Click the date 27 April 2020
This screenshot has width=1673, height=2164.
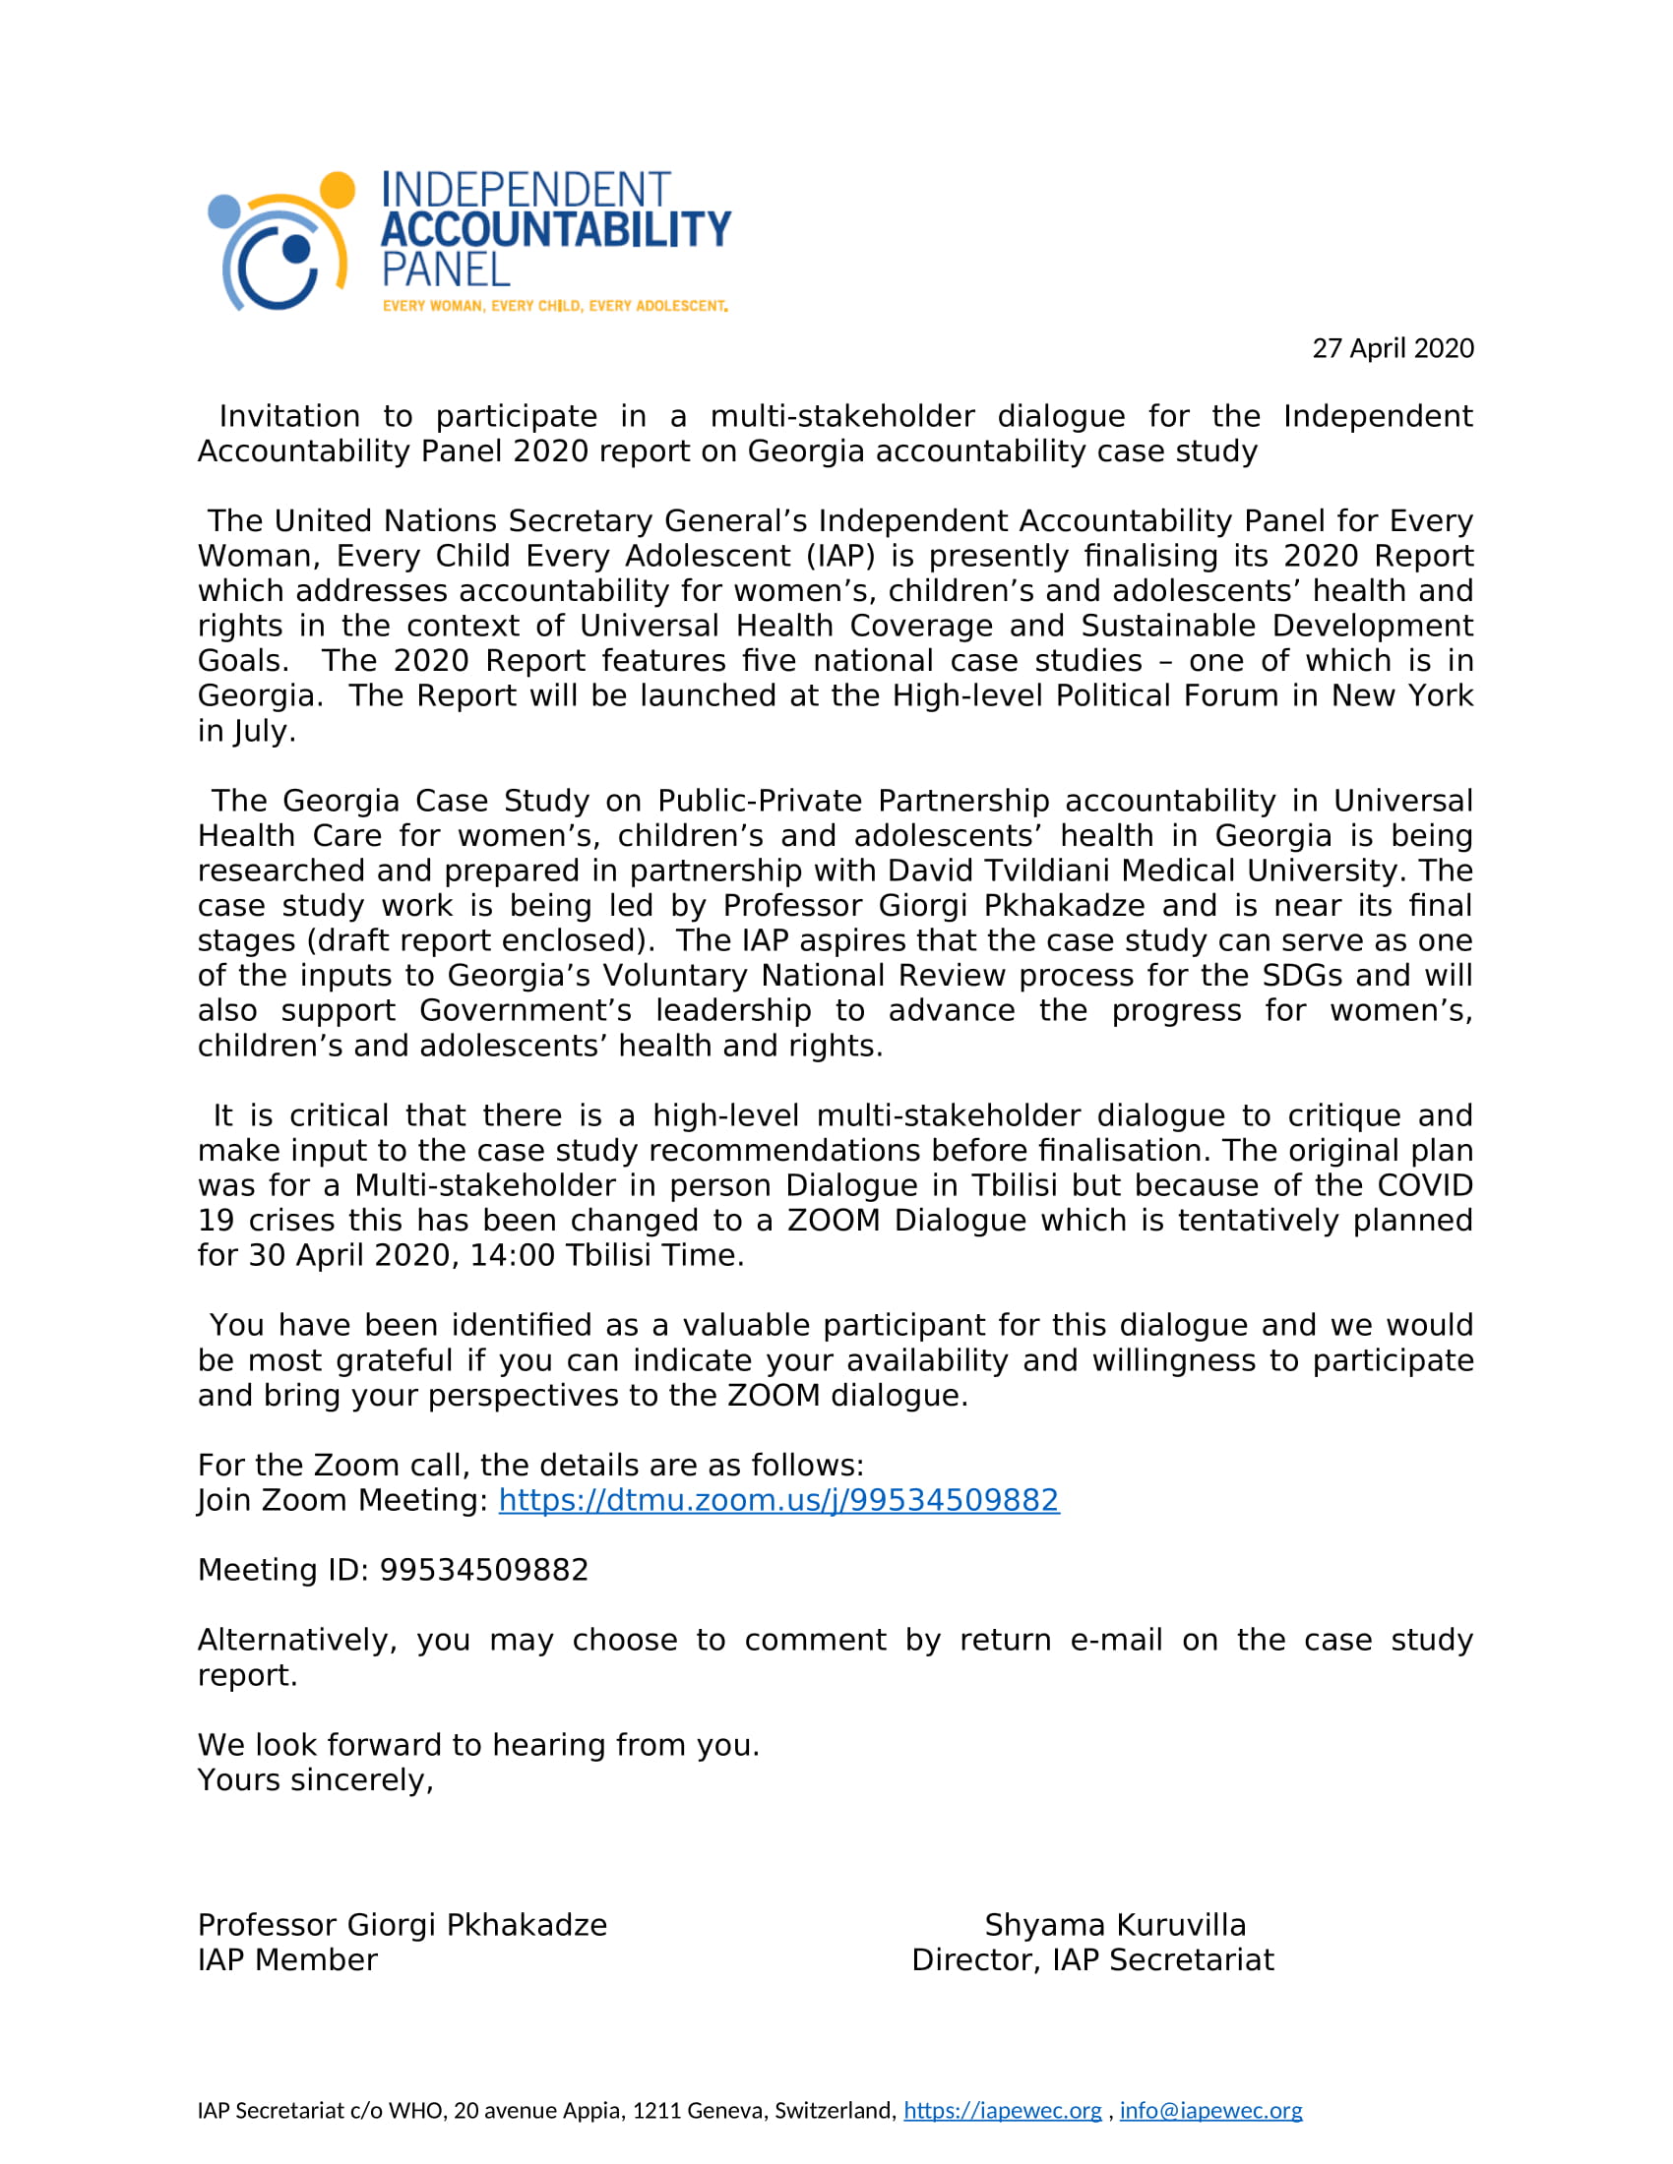1393,349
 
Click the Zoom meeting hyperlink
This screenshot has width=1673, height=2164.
778,1500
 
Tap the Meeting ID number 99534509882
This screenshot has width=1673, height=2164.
483,1571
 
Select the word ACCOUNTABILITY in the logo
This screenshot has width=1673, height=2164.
555,230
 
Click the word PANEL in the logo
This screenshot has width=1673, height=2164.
446,270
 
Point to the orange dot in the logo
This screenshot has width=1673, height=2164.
337,189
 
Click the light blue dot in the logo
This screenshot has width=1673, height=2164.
224,211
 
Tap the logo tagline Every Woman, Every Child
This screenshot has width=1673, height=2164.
555,306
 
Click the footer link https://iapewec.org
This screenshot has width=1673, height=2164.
1002,2111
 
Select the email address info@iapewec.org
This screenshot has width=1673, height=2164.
1210,2111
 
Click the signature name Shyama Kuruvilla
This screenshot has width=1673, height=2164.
1115,1925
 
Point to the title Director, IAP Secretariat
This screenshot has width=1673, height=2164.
1092,1959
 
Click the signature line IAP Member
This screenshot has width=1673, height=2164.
287,1959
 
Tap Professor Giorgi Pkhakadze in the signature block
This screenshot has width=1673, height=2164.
402,1925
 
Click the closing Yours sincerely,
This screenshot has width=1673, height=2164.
315,1780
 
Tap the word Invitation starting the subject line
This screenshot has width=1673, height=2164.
289,416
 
